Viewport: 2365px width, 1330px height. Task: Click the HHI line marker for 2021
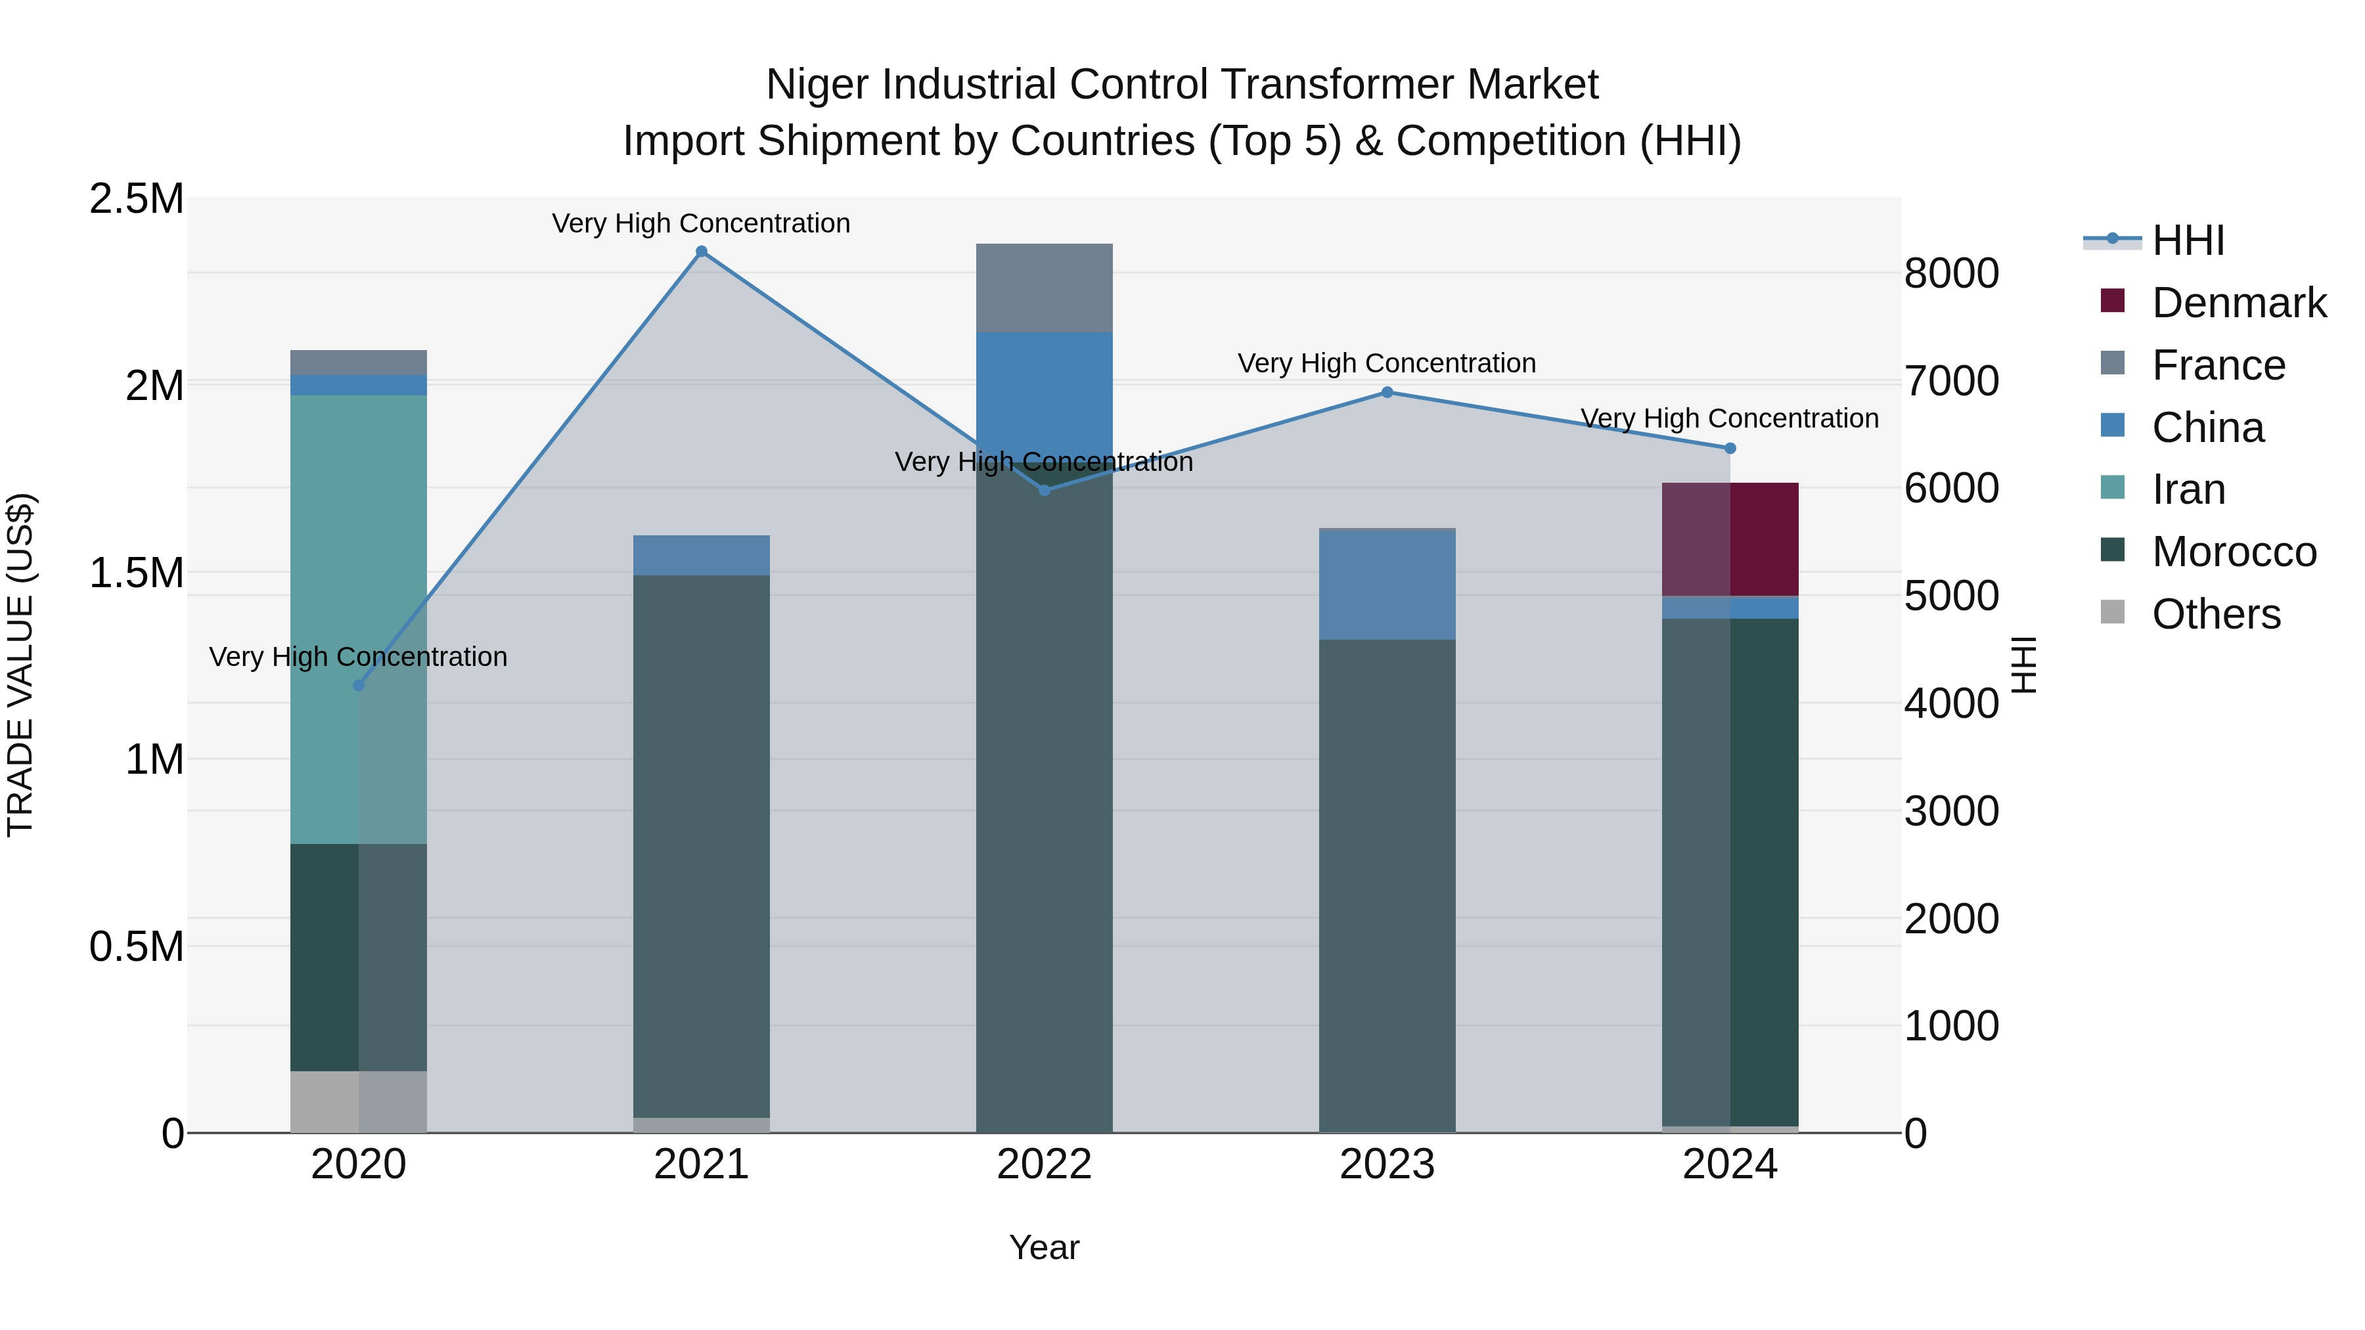[x=702, y=252]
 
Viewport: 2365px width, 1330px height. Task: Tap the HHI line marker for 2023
[x=1387, y=393]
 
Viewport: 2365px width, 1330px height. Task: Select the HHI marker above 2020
[x=359, y=686]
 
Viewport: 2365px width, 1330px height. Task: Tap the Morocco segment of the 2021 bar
[x=702, y=845]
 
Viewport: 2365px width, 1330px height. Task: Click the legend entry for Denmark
[x=2238, y=303]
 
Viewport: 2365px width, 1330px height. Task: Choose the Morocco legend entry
[x=2233, y=552]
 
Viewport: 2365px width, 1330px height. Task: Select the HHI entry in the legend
[x=2187, y=240]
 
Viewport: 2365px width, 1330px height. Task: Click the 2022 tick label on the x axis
[x=1044, y=1164]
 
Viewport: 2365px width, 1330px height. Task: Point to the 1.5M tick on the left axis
[x=136, y=573]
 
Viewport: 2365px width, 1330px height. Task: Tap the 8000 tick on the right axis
[x=1951, y=273]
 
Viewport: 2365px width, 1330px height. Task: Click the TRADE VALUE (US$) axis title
[x=20, y=665]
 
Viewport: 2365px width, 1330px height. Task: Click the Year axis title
[x=1044, y=1247]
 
